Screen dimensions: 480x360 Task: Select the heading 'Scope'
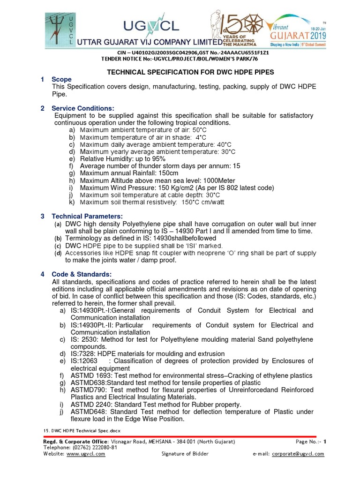(x=61, y=80)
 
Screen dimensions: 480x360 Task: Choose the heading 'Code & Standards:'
(x=82, y=274)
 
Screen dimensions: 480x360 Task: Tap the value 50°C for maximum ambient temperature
(x=199, y=130)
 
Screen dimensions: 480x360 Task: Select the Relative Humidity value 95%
(x=157, y=159)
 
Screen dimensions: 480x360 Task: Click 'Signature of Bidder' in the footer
(x=185, y=454)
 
